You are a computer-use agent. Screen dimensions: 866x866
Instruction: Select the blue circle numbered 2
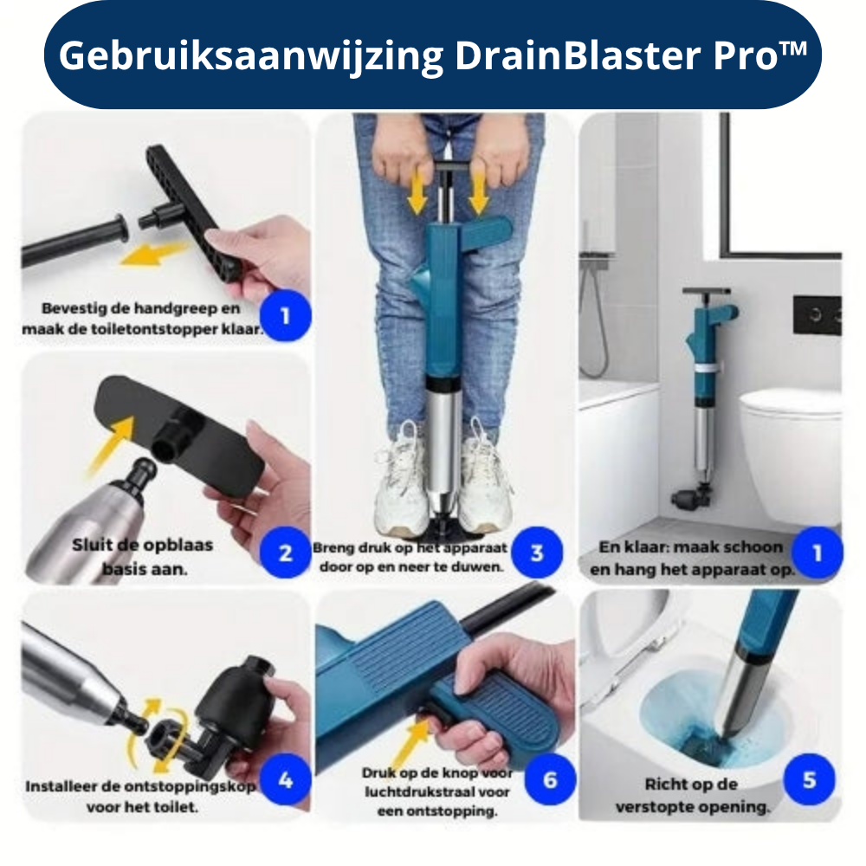(285, 553)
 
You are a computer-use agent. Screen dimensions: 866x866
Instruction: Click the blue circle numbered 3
(537, 553)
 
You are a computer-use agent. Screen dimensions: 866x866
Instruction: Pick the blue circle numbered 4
(285, 779)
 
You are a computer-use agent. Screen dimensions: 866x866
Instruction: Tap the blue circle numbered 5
(809, 779)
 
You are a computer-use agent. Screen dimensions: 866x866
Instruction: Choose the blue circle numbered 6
(550, 779)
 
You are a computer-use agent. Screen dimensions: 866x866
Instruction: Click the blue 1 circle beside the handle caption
(285, 316)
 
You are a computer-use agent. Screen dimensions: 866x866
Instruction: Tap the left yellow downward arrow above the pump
(417, 191)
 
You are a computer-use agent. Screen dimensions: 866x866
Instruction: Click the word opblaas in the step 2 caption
(181, 546)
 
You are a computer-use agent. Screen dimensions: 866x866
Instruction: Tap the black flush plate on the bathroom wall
(817, 315)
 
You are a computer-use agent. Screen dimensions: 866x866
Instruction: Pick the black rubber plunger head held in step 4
(234, 703)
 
